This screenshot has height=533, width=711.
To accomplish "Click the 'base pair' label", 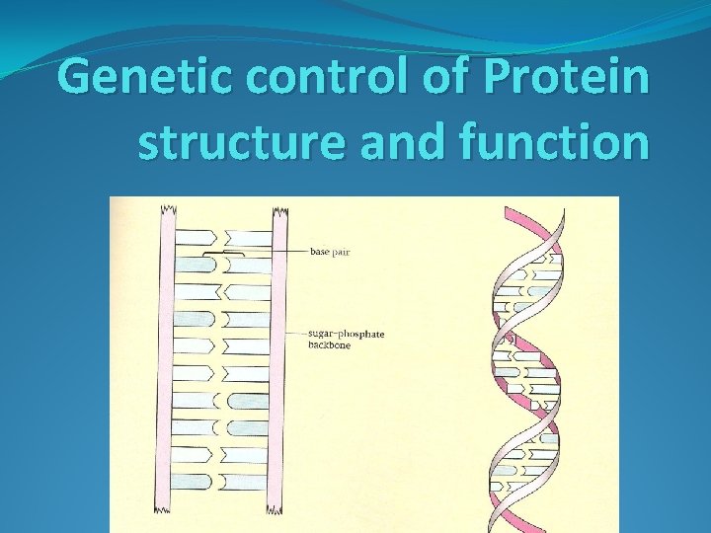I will (x=330, y=252).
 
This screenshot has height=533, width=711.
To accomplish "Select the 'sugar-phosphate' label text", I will (x=345, y=334).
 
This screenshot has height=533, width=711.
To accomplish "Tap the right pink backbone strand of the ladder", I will (x=279, y=365).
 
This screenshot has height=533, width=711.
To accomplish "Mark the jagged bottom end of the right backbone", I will (x=279, y=527).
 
